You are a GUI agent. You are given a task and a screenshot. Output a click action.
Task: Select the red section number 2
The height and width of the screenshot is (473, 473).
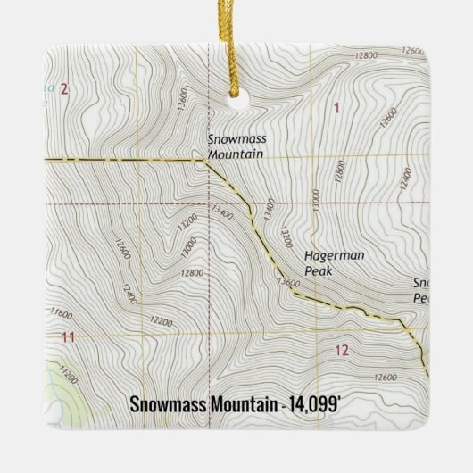(x=64, y=87)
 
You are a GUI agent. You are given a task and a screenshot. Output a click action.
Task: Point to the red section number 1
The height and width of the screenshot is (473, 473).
(x=336, y=108)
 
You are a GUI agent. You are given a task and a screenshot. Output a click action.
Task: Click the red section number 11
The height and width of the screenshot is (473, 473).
(x=68, y=336)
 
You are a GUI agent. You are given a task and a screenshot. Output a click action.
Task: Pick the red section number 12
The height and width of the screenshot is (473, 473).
(x=341, y=350)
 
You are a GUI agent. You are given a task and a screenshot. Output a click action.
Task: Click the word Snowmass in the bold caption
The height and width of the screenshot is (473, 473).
(x=168, y=404)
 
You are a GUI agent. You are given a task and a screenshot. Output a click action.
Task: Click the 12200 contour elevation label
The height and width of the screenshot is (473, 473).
(x=161, y=320)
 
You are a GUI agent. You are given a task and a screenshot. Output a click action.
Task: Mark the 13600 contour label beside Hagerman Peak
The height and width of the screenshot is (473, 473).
(x=288, y=282)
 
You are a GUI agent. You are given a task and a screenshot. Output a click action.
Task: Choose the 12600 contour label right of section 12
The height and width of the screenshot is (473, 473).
(x=387, y=378)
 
